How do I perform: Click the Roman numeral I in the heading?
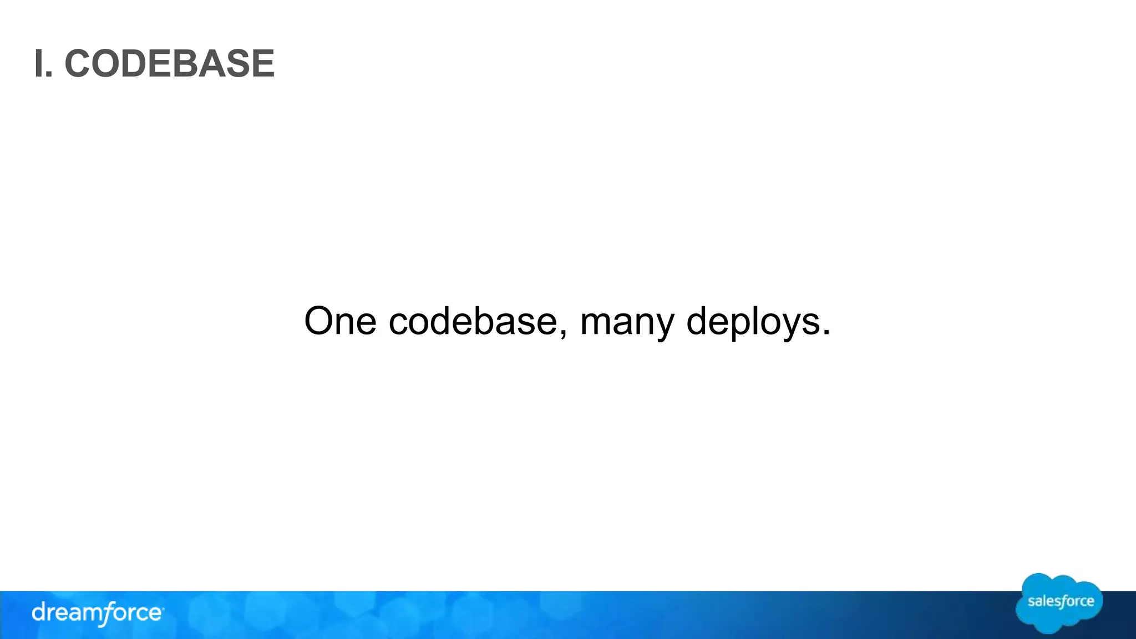pos(38,64)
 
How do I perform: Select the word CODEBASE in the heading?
pos(169,64)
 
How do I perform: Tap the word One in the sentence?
pos(340,321)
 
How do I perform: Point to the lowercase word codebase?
pos(473,321)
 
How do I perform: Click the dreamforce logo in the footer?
pos(98,613)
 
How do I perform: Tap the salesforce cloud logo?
pos(1059,602)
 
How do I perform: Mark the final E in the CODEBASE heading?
pos(263,64)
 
